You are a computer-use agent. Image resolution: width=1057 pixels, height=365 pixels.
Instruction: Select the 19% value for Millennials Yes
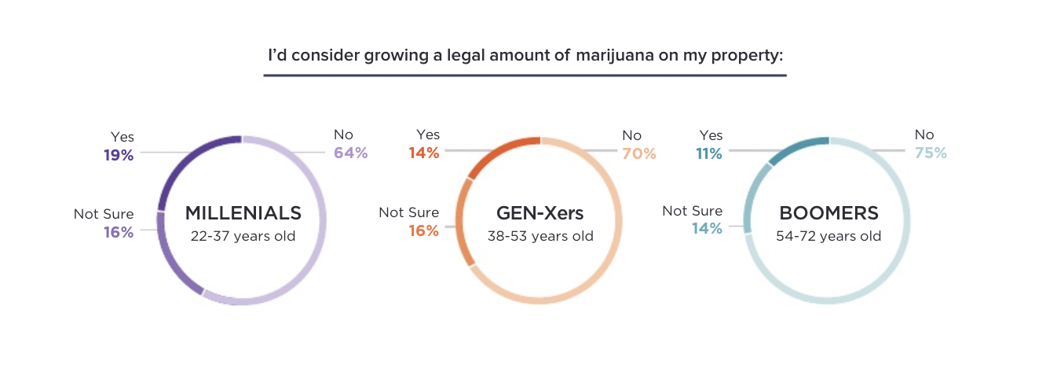(119, 155)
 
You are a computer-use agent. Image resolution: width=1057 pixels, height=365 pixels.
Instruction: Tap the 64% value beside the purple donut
(350, 153)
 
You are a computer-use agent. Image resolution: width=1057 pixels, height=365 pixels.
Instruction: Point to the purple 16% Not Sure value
(119, 232)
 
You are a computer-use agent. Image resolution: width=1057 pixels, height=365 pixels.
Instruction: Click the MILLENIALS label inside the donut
(243, 213)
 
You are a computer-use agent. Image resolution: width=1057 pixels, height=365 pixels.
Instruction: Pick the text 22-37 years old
(243, 235)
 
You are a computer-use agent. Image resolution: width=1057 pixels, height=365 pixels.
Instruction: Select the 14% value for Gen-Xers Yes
(423, 153)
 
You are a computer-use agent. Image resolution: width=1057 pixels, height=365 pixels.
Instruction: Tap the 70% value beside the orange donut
(638, 153)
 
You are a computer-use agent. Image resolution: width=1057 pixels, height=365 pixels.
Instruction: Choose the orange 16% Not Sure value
(423, 230)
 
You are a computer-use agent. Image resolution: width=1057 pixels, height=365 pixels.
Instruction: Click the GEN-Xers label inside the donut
(540, 213)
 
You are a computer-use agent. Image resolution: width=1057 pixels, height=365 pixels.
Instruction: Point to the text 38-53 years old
(540, 235)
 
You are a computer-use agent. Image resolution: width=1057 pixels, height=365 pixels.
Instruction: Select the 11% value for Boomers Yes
(708, 153)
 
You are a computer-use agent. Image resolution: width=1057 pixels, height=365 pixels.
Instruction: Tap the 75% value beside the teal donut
(931, 153)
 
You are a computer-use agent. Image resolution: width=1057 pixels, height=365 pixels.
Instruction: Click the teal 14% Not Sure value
(707, 229)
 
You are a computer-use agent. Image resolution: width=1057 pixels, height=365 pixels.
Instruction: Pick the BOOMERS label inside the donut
(828, 213)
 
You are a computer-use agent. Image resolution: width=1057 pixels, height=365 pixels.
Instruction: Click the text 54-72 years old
(828, 235)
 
